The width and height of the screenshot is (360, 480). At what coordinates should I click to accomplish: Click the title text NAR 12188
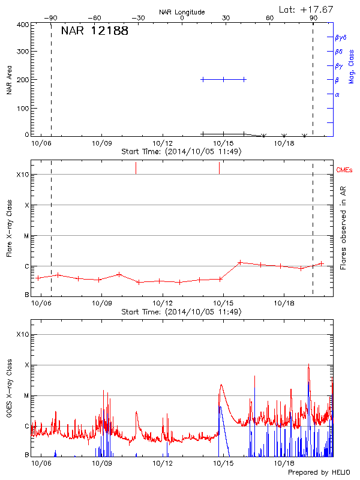point(94,31)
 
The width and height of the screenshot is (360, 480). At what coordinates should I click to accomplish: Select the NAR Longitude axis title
point(182,12)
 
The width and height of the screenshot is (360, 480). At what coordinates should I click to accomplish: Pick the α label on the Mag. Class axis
point(337,95)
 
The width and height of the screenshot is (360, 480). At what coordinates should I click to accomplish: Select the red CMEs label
point(345,170)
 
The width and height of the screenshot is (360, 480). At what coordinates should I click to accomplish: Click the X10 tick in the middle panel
point(23,175)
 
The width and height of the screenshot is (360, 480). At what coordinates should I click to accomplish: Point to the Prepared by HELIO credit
point(318,473)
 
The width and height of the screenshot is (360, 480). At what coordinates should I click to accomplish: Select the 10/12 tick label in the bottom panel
point(163,464)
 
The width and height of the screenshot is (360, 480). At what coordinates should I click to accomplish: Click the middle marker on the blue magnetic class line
point(223,79)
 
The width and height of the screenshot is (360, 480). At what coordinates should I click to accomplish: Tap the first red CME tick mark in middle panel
point(136,167)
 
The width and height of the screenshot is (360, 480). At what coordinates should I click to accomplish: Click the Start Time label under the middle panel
point(181,312)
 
